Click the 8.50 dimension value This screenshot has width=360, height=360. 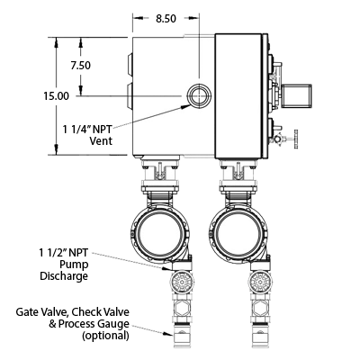(166, 19)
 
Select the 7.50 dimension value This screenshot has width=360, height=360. (81, 65)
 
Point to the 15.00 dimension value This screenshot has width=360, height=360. (57, 96)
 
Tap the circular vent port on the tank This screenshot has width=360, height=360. (200, 95)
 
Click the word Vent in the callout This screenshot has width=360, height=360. (101, 140)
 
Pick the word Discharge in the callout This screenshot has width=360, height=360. (64, 276)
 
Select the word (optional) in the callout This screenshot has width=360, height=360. (106, 336)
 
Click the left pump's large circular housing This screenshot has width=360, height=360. (159, 234)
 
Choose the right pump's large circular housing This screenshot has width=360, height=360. (238, 234)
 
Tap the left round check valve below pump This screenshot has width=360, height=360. (182, 282)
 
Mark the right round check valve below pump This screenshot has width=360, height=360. (259, 282)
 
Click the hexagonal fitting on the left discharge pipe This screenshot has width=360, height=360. (182, 308)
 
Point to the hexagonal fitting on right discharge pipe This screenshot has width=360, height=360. (259, 308)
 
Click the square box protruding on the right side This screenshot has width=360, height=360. (296, 95)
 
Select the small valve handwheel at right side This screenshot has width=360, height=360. (296, 139)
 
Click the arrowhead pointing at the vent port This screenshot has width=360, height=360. (186, 105)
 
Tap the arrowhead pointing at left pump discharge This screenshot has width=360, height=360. (166, 268)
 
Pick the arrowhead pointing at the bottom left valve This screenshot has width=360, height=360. (167, 333)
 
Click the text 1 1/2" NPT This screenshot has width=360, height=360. (64, 253)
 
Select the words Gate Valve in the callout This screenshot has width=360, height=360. (41, 312)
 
